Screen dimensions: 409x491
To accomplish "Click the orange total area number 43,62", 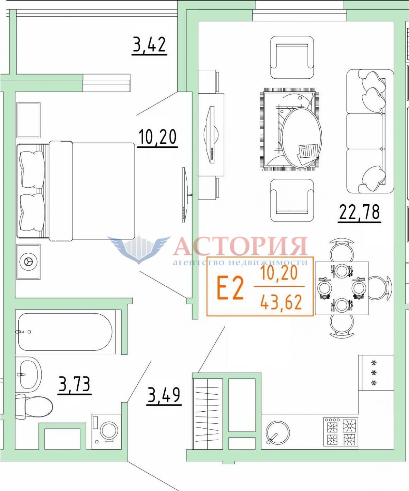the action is (x=281, y=302).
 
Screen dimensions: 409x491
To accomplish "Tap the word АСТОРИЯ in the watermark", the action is (x=240, y=246).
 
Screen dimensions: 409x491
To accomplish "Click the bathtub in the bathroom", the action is (x=65, y=332).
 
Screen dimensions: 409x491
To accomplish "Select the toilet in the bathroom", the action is (x=34, y=407).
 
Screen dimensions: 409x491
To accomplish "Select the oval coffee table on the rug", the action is (x=301, y=138).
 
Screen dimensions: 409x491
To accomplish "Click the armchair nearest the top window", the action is (x=292, y=58).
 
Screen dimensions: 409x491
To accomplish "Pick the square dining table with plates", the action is (x=342, y=288).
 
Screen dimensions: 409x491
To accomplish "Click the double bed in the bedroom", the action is (x=76, y=191).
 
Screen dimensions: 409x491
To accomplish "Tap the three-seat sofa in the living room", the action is (x=370, y=131).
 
